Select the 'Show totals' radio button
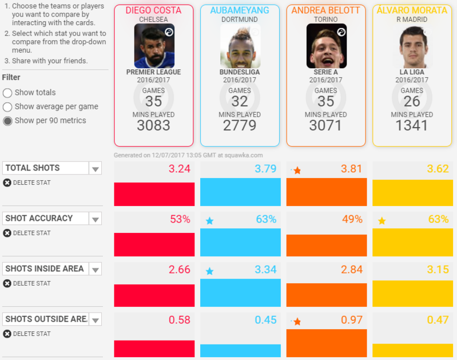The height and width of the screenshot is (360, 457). coord(7,93)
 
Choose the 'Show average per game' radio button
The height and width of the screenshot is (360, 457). coord(7,107)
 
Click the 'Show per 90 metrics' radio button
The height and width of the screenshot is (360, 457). coord(7,121)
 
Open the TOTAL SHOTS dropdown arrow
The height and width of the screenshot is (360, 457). coord(96,168)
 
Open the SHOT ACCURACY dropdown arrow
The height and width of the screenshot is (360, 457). coord(96,219)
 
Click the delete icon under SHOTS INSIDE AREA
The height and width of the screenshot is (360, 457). coord(7,283)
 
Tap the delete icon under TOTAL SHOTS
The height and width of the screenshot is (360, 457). coord(7,183)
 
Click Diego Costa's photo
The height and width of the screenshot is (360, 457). coord(154,46)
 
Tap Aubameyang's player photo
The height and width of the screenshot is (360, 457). coord(240,46)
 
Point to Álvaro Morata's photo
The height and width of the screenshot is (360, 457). coord(412,46)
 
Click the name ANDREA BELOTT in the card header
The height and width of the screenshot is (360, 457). coord(325,10)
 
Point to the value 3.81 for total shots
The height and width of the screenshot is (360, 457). coord(351,169)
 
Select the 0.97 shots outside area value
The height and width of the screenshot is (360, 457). coord(351,321)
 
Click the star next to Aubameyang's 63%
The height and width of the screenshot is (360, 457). coord(209,221)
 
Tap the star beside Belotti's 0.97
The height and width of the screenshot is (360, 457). coord(297,322)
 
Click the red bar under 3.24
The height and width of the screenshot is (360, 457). coord(154,194)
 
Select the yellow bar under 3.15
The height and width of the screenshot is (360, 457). coord(412,295)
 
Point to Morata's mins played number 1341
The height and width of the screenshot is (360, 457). coord(412,126)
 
